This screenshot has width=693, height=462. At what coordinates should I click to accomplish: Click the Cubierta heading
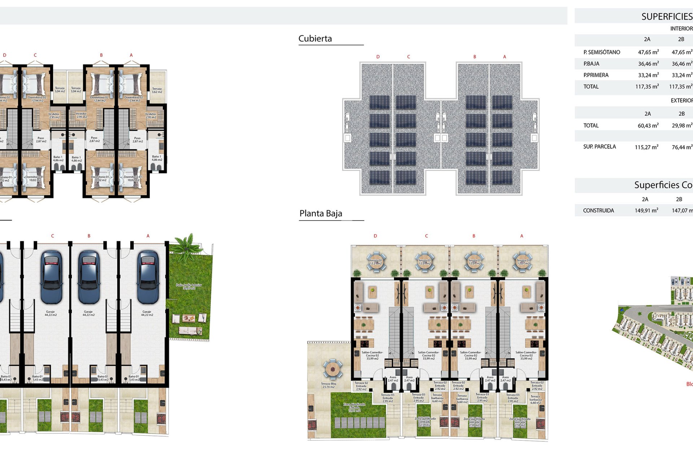click(x=315, y=39)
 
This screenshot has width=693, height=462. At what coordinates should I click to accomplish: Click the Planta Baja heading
click(x=321, y=214)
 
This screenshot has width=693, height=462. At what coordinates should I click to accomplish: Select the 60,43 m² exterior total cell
click(x=648, y=126)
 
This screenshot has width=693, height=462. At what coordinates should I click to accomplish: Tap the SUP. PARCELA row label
click(x=599, y=147)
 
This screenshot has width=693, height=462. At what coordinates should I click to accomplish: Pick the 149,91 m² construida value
click(x=646, y=210)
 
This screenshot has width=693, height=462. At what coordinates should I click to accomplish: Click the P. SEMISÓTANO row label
click(x=601, y=52)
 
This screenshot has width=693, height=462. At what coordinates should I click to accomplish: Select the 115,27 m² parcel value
click(x=646, y=147)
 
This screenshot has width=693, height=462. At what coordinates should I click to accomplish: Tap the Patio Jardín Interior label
click(x=189, y=287)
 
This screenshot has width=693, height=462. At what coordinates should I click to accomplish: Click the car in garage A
click(x=148, y=277)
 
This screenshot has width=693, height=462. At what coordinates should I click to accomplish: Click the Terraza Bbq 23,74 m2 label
click(x=328, y=385)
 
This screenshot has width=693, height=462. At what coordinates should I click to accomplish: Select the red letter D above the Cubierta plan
click(x=378, y=57)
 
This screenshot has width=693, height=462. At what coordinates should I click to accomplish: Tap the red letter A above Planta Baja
click(x=521, y=236)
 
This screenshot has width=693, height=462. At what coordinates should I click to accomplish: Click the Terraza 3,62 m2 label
click(x=157, y=90)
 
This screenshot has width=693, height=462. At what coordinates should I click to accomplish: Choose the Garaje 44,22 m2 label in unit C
click(x=51, y=313)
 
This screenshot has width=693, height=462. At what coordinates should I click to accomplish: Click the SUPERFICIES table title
click(x=666, y=17)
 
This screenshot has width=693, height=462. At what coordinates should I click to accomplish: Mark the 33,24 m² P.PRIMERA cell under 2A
click(x=648, y=75)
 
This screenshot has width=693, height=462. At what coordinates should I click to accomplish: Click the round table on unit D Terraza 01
click(x=376, y=261)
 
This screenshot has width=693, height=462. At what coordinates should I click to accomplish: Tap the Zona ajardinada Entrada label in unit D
click(x=354, y=407)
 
